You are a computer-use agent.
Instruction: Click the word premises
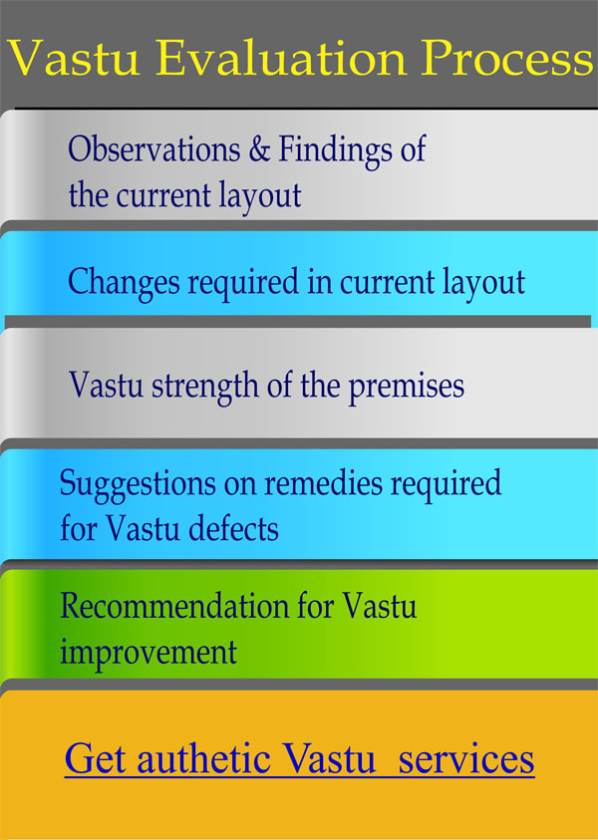click(406, 385)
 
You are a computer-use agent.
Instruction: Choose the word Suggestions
click(136, 484)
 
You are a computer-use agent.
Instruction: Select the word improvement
click(149, 652)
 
